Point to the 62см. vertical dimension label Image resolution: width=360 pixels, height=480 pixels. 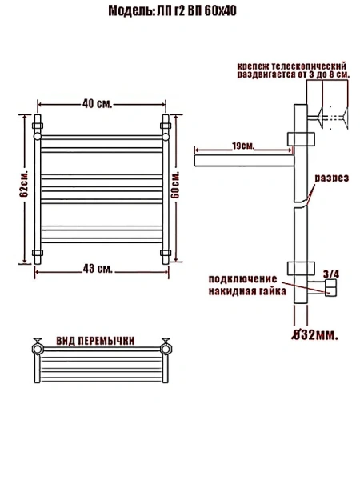coord(25,189)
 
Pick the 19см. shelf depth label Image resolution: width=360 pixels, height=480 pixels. coord(243,145)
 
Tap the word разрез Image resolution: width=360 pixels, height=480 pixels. coord(331,178)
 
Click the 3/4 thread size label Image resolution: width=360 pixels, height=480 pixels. coord(330,274)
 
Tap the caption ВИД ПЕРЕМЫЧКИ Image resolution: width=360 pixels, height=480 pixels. coord(95,341)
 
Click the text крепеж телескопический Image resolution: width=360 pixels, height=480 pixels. coord(290,64)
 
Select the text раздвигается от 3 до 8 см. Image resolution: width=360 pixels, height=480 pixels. coord(290,74)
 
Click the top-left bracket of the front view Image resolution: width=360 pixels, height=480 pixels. coord(37,126)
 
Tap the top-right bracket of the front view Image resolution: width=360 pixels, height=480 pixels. coord(166,126)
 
